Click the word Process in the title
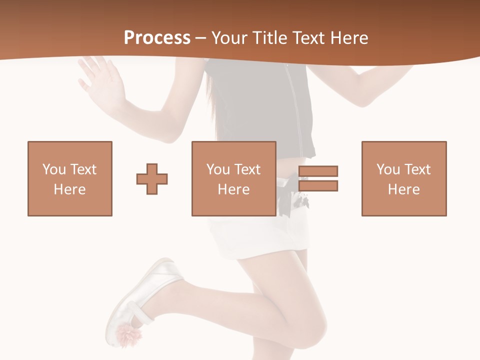click(157, 38)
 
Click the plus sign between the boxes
click(152, 178)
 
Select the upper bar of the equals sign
click(318, 171)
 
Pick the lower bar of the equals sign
click(318, 185)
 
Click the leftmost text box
click(70, 178)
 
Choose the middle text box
click(234, 178)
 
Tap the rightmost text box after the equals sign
click(404, 178)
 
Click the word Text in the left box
click(82, 169)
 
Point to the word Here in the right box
click(404, 189)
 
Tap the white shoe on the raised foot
click(145, 295)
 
